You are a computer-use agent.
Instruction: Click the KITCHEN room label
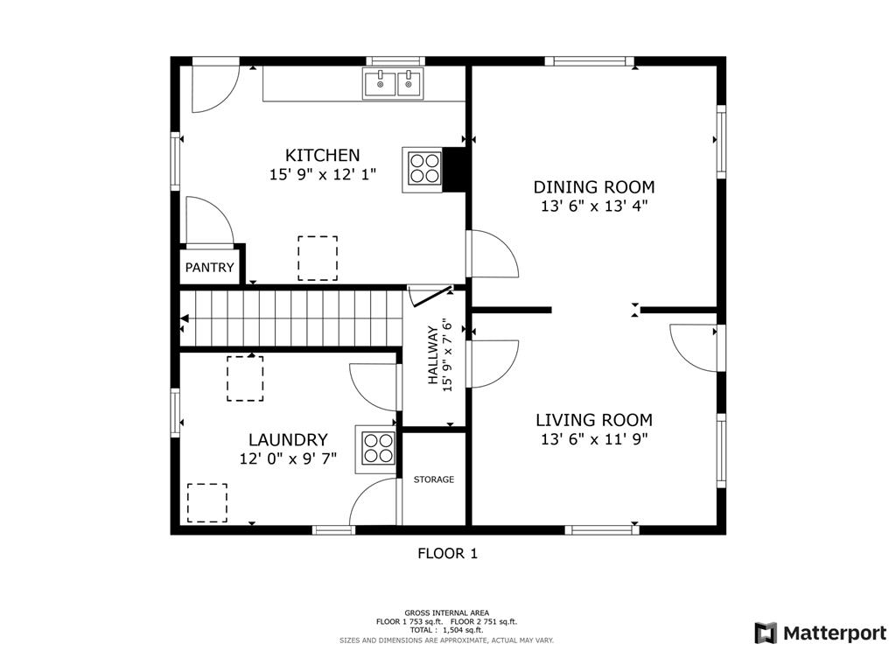click(x=322, y=156)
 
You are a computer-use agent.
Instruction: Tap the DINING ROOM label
click(x=594, y=187)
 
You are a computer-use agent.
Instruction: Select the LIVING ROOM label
click(x=594, y=420)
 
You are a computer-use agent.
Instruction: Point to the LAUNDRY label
click(x=288, y=440)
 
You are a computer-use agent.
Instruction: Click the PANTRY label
click(x=210, y=268)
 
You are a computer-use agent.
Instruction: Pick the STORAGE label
click(x=434, y=479)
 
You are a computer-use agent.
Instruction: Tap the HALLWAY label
click(x=433, y=355)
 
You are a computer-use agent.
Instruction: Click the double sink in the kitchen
click(x=393, y=84)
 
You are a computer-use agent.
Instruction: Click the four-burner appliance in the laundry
click(x=376, y=449)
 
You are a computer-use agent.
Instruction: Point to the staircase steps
click(x=292, y=318)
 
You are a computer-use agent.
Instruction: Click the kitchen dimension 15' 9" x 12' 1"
click(x=322, y=174)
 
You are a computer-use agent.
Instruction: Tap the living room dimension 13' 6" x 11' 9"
click(x=594, y=439)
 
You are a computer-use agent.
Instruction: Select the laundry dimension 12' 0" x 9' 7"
click(x=288, y=458)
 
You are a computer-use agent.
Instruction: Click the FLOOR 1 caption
click(x=447, y=553)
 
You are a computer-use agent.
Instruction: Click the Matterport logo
click(x=821, y=633)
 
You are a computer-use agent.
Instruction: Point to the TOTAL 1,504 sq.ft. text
click(x=446, y=630)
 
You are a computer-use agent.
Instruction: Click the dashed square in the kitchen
click(x=318, y=258)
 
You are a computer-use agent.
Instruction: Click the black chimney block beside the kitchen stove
click(x=455, y=170)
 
